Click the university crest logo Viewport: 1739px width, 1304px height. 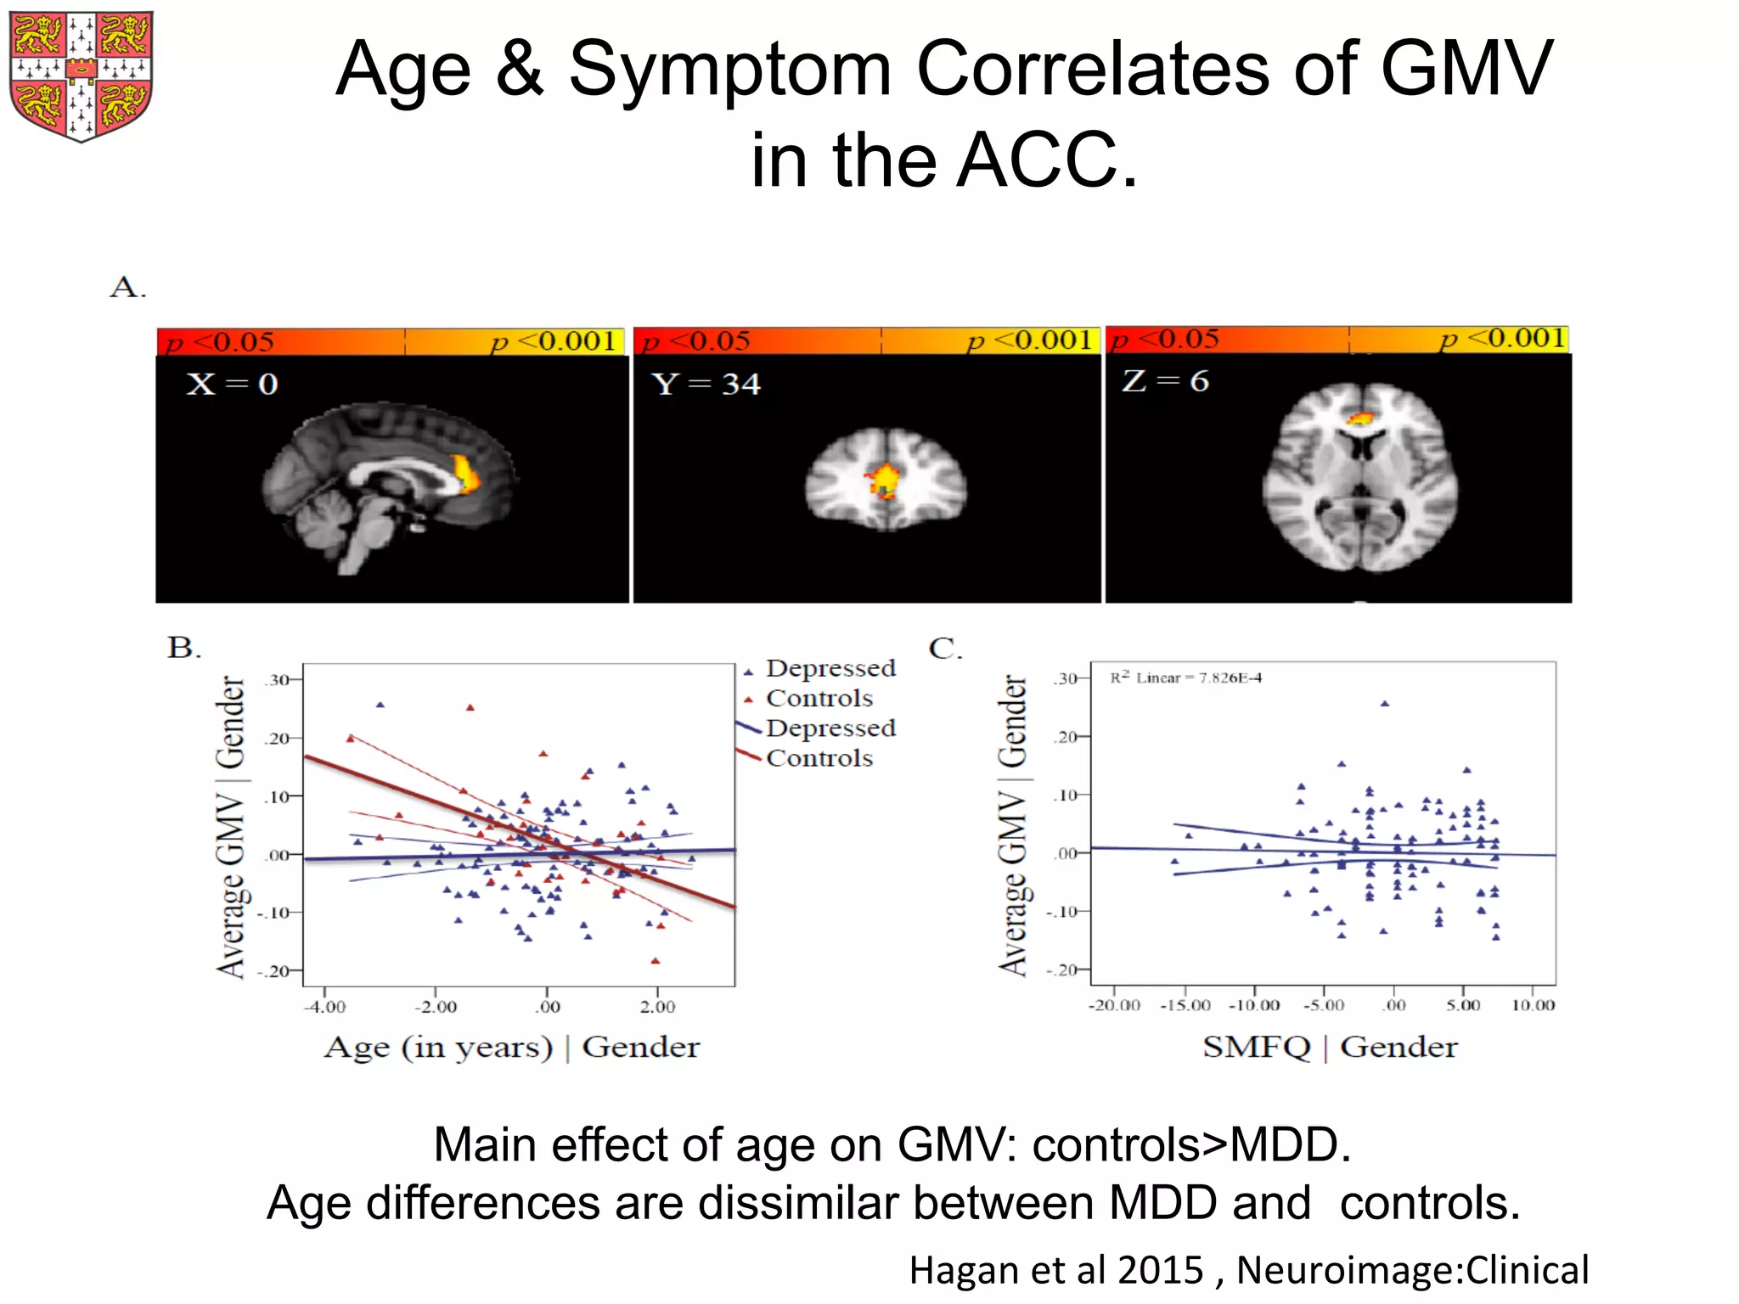click(82, 76)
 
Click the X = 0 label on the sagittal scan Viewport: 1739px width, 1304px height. click(232, 384)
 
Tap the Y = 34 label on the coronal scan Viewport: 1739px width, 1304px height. click(706, 384)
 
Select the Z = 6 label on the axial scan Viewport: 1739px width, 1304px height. click(1165, 381)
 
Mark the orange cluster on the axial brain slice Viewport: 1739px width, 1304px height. click(1361, 418)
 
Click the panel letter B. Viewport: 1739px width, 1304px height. click(183, 648)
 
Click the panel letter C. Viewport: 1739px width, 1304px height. click(945, 649)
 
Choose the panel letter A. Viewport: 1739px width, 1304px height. click(127, 287)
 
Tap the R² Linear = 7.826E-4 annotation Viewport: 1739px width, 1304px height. click(1185, 677)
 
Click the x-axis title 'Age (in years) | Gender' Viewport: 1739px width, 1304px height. click(511, 1048)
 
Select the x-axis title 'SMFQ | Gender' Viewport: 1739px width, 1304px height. click(1330, 1048)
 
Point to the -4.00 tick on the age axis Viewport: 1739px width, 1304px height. click(324, 1007)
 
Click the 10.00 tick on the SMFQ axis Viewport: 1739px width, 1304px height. click(1533, 1005)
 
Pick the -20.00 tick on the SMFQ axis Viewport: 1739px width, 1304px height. click(1115, 1005)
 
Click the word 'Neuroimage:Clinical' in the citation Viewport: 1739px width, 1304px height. click(1412, 1270)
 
